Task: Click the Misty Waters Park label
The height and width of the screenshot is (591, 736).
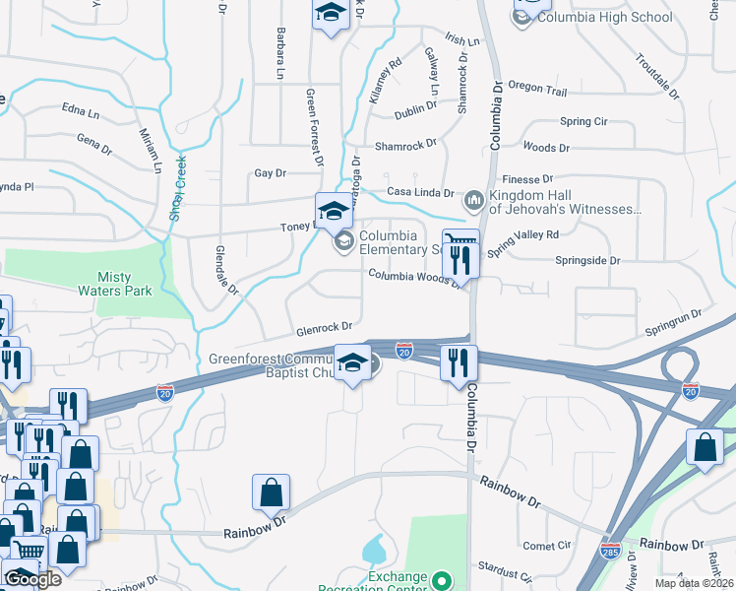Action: coord(116,284)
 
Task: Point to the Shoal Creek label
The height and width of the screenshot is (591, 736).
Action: coord(179,187)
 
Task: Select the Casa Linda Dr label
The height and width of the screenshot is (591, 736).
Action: coord(420,193)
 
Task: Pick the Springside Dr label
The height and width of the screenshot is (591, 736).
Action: coord(588,261)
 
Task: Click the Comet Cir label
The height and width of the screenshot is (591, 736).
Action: coord(548,545)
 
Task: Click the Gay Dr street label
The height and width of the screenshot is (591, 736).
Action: coord(270,172)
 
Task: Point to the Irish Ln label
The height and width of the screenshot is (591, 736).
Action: coord(462,41)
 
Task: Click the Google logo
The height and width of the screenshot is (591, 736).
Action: coord(32,578)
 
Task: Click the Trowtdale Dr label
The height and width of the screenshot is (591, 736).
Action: coord(656,77)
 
